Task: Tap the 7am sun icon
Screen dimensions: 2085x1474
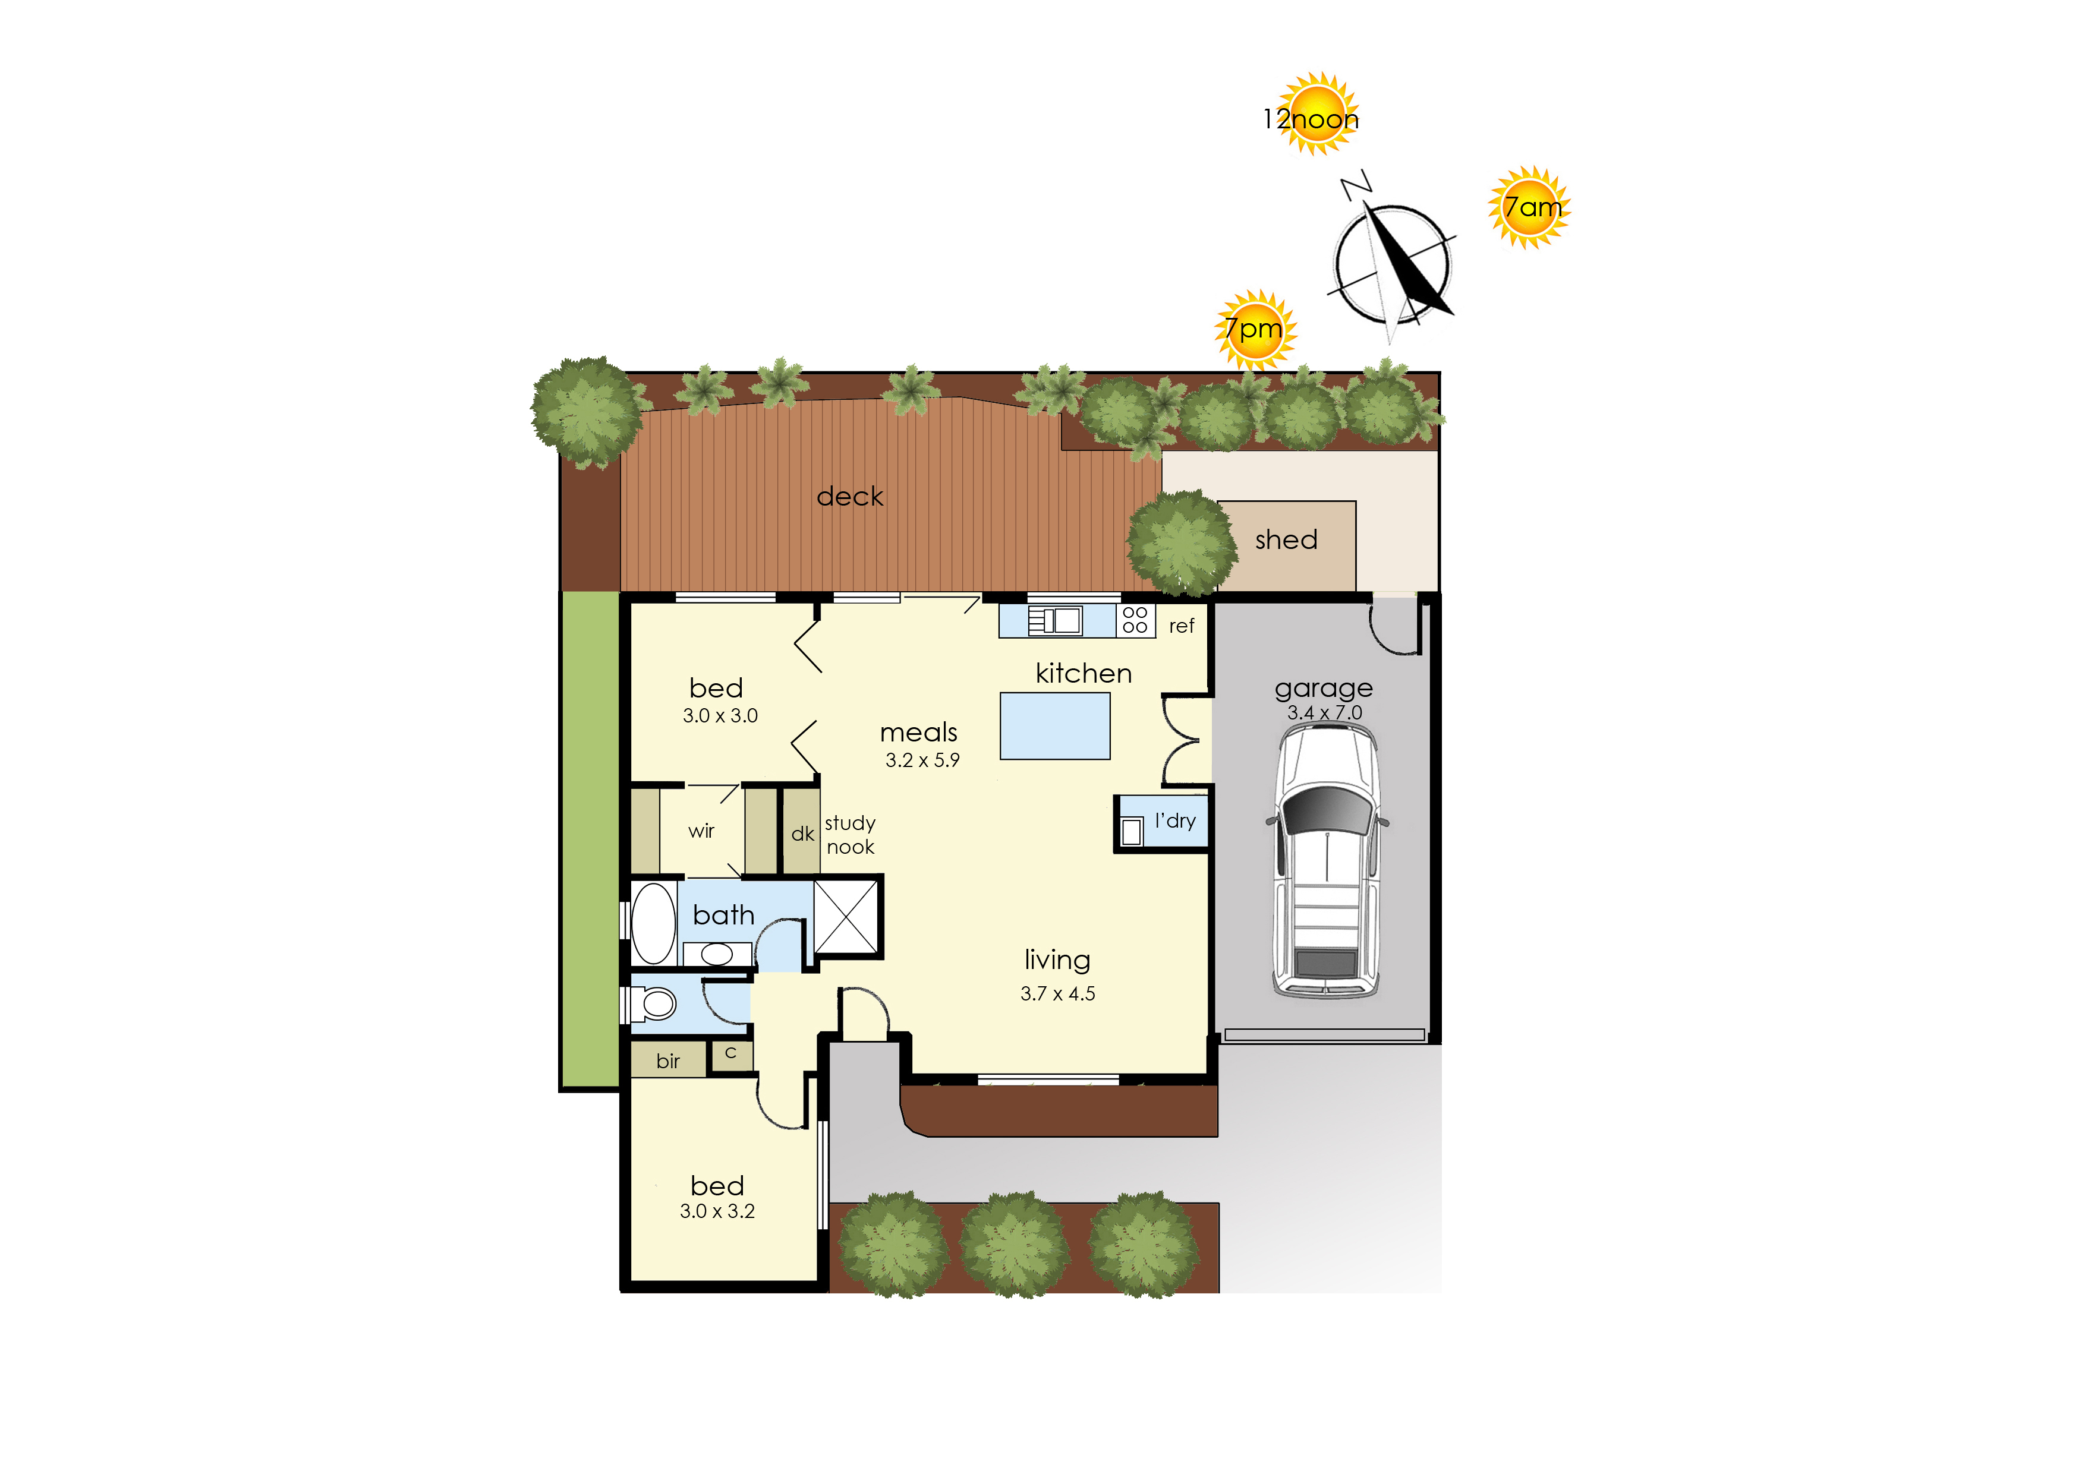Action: click(1530, 208)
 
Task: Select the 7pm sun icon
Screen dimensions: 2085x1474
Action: click(1256, 330)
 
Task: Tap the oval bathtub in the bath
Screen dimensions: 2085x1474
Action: click(653, 923)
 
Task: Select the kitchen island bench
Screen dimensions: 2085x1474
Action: click(1055, 726)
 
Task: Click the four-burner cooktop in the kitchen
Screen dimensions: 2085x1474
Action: click(1135, 620)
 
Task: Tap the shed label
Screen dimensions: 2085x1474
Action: click(1286, 540)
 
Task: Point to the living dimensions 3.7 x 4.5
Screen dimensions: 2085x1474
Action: click(1058, 994)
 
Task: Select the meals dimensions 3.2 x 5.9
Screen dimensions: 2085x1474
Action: click(922, 760)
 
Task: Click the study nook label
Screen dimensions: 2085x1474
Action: click(850, 835)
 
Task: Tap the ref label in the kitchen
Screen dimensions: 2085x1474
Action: click(1182, 626)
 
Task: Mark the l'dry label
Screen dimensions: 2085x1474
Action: click(1175, 822)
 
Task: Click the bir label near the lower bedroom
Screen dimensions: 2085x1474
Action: click(669, 1061)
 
